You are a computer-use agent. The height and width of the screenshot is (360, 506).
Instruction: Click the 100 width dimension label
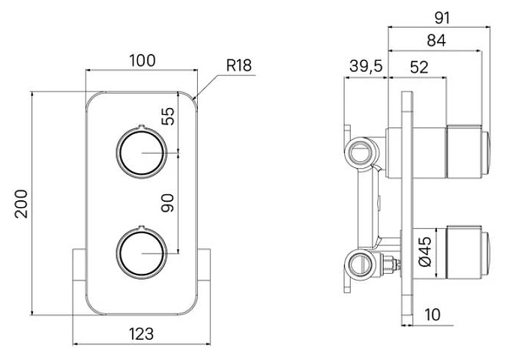(142, 61)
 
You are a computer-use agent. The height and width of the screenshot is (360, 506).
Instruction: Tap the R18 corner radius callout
(239, 65)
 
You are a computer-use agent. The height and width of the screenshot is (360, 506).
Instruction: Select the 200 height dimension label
(21, 204)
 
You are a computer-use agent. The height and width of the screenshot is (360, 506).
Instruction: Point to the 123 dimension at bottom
(142, 334)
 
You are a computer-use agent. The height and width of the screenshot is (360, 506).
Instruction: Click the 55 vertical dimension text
(168, 116)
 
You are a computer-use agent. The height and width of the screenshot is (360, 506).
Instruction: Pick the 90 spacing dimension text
(167, 203)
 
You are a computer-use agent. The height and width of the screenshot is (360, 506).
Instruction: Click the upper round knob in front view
(142, 151)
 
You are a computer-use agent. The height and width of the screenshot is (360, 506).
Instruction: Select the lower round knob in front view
(142, 253)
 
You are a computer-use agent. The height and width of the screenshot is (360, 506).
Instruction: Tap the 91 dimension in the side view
(442, 18)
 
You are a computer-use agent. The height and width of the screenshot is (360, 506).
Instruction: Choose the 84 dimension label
(436, 40)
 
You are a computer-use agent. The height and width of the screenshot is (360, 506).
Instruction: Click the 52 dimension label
(419, 67)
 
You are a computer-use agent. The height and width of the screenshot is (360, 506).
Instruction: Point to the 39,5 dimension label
(366, 66)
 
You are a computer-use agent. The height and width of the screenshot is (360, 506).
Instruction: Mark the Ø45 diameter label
(425, 252)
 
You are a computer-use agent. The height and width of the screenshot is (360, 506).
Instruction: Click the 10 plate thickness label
(433, 314)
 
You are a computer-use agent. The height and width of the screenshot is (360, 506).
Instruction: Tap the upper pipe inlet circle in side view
(361, 151)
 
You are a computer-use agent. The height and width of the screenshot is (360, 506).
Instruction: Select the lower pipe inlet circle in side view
(361, 263)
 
